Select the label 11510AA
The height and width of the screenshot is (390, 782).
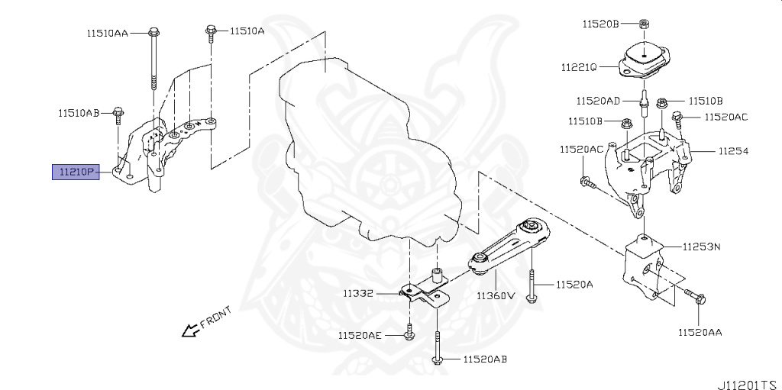tap(107, 34)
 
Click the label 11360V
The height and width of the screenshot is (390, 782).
tap(496, 295)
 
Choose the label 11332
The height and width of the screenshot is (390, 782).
tap(357, 293)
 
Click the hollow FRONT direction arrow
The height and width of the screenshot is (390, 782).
tap(186, 330)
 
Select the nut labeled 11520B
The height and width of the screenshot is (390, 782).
tap(645, 23)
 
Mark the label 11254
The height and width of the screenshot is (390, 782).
tap(732, 151)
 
